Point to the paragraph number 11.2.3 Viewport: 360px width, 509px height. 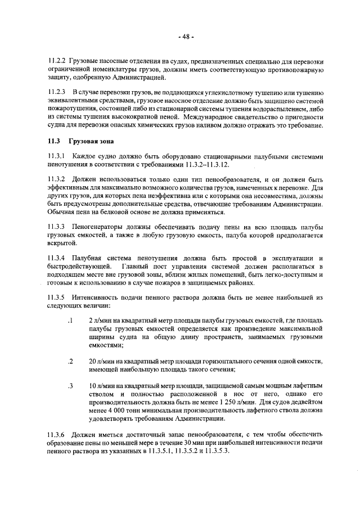tap(57, 92)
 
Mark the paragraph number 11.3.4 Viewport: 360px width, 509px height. tap(57, 257)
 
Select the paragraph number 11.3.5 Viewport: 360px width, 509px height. tap(57, 296)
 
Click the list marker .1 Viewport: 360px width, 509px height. tap(70, 320)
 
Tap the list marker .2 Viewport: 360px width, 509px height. tap(70, 361)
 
